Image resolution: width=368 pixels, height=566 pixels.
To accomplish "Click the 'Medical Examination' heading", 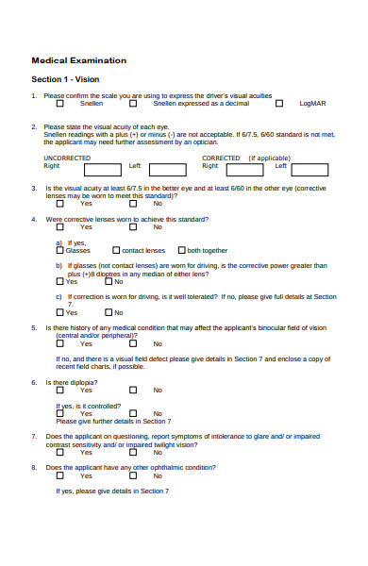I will [x=79, y=60].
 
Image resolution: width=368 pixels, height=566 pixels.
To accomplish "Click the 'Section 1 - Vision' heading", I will [x=65, y=79].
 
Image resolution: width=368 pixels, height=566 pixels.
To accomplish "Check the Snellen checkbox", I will [x=60, y=103].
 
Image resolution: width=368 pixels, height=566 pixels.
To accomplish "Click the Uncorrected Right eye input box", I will [x=102, y=171].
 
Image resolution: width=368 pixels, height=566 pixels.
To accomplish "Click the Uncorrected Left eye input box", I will [x=171, y=171].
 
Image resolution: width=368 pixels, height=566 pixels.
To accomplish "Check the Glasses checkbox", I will [x=60, y=251].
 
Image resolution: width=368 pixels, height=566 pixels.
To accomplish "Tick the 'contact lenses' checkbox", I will [x=116, y=251].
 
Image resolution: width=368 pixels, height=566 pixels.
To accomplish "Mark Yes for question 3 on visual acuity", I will [x=60, y=203].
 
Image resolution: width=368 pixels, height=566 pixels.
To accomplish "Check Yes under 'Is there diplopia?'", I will [x=60, y=390].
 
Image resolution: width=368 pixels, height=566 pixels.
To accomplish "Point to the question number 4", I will [x=34, y=219].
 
